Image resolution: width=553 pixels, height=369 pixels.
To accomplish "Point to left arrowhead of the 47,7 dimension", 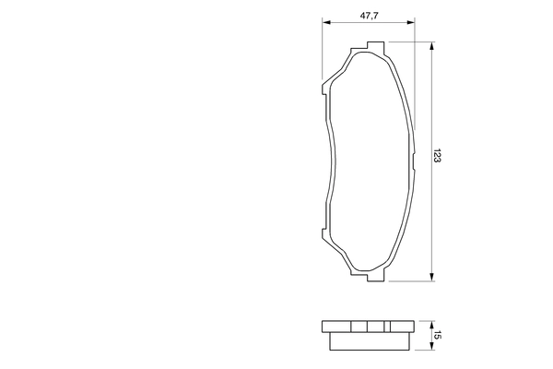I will click(324, 25).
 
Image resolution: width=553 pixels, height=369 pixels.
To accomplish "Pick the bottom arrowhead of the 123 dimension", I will click(432, 276).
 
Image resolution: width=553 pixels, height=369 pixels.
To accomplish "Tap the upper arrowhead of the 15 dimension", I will click(432, 323).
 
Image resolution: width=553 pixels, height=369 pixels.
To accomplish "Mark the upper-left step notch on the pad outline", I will click(324, 89).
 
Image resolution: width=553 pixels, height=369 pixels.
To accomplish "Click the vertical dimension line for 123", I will click(432, 111).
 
